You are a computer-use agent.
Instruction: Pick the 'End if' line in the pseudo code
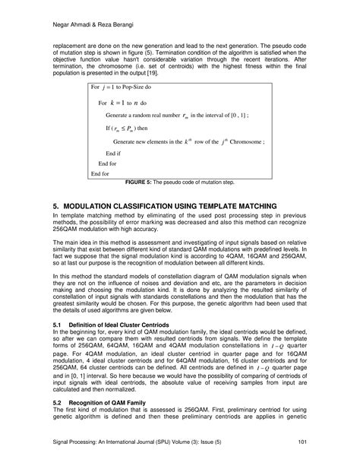pos(117,153)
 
